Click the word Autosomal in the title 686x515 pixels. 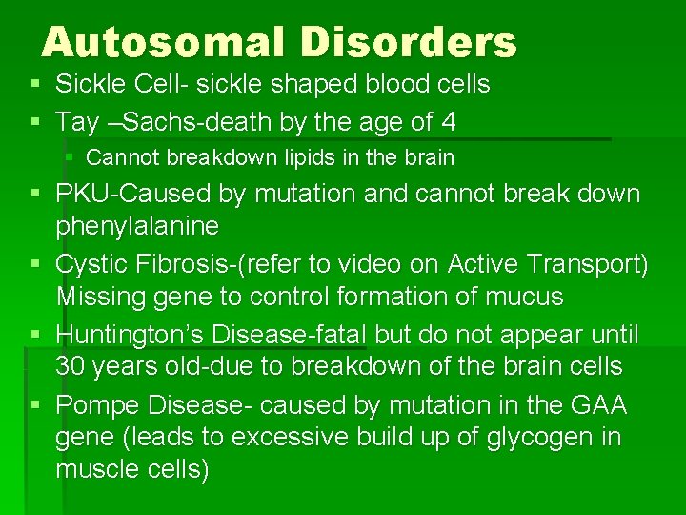pos(160,42)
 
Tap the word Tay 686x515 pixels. pos(75,122)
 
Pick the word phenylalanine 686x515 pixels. pos(137,226)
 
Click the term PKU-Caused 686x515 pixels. pos(133,194)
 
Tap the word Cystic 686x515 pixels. pos(92,264)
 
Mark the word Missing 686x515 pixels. pos(96,297)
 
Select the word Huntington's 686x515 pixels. pos(131,335)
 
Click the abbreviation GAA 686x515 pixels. pos(598,405)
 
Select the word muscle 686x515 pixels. pos(95,470)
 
